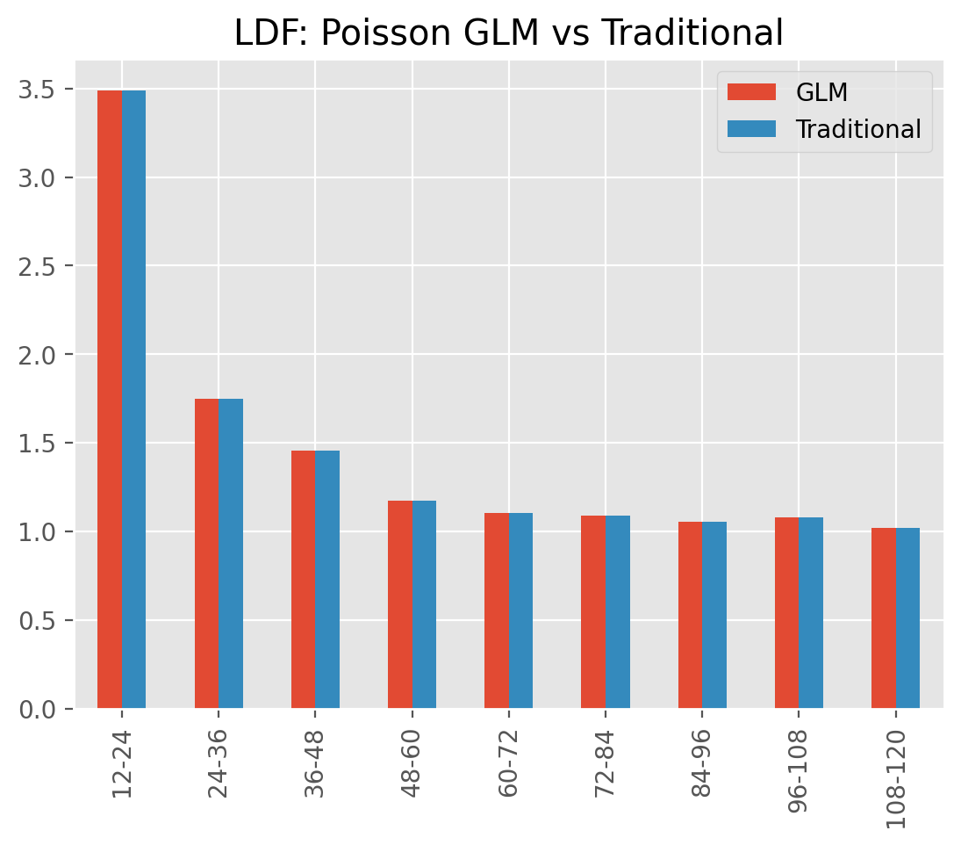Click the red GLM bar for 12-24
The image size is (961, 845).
[x=110, y=399]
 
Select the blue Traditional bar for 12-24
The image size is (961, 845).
[x=133, y=399]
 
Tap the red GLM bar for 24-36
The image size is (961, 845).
[x=206, y=553]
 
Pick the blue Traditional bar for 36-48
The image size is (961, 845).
[x=327, y=580]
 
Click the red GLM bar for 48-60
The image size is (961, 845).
[x=400, y=604]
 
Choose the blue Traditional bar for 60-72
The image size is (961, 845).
[x=521, y=610]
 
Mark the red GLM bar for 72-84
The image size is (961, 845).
[x=593, y=612]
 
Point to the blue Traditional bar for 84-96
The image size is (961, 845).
[x=714, y=615]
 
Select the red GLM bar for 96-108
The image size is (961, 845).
[x=787, y=612]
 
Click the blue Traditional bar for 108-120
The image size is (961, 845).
[x=907, y=618]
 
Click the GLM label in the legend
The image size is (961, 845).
[x=821, y=92]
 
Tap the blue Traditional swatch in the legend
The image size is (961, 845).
[x=751, y=129]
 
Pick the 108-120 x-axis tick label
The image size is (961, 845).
[x=896, y=778]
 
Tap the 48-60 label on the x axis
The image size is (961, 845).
[x=412, y=762]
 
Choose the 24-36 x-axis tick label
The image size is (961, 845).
[x=219, y=762]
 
